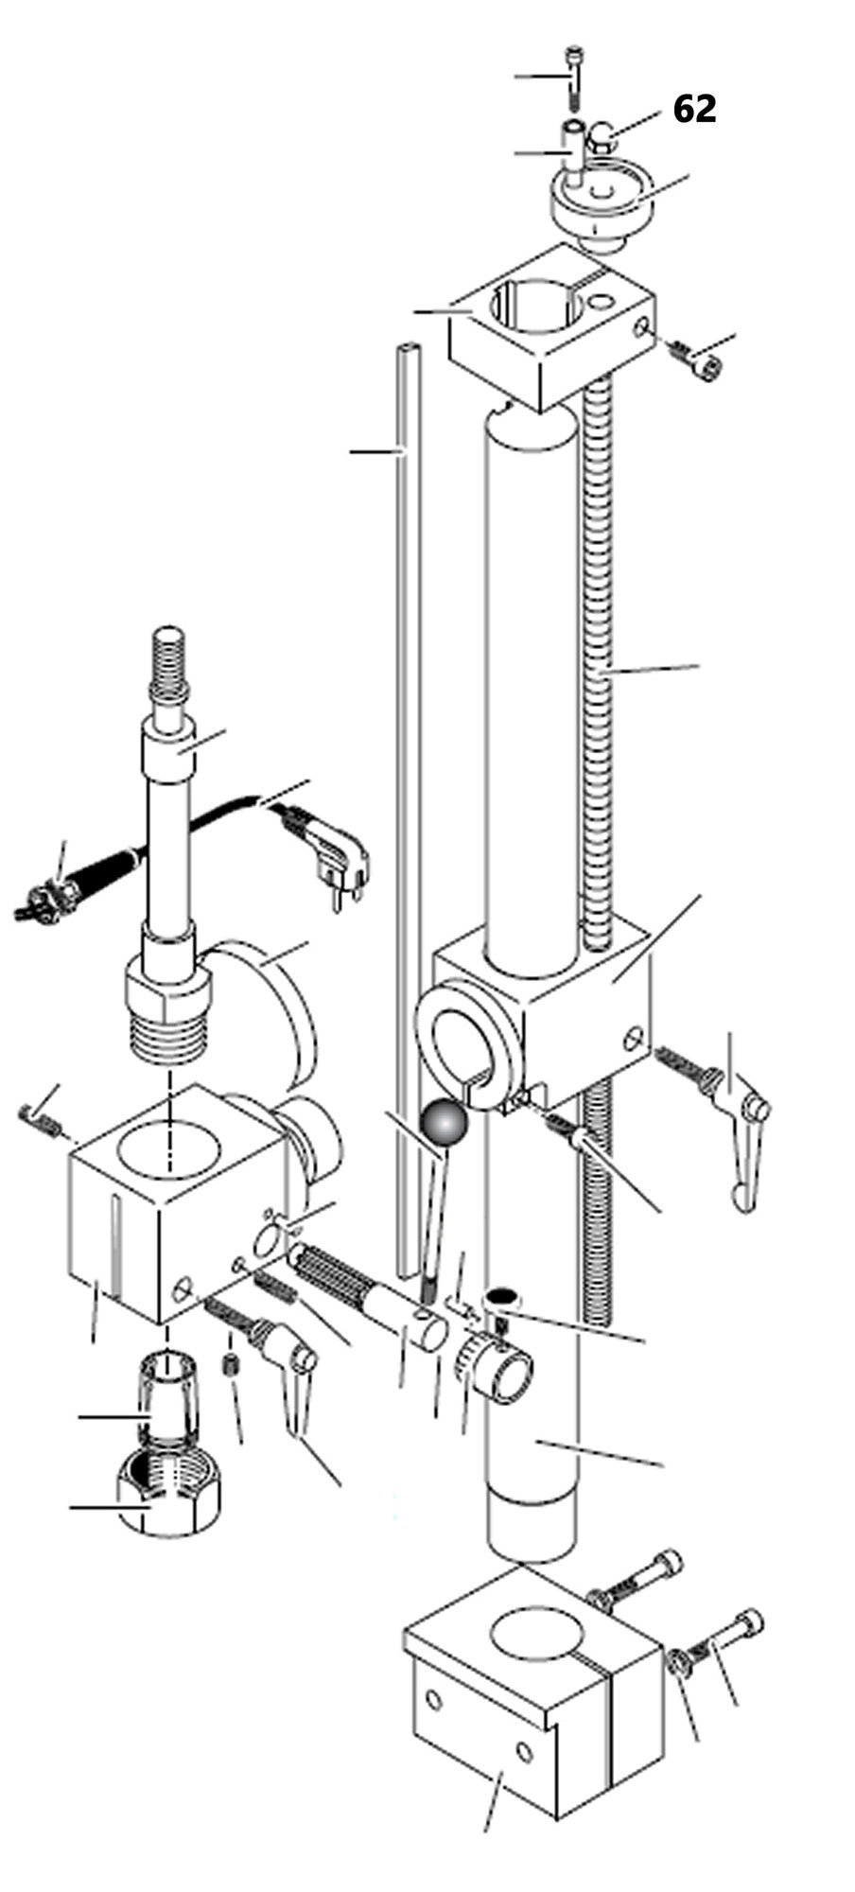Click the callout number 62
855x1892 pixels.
(694, 110)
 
